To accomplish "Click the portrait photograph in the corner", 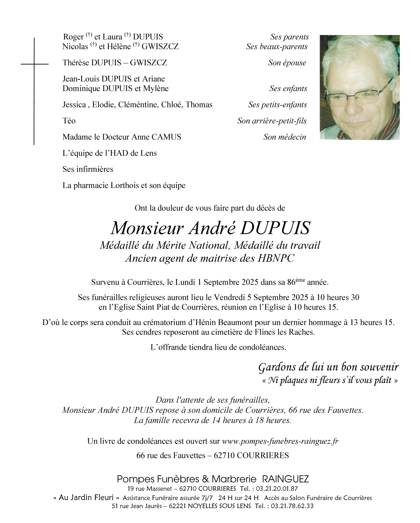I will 359,87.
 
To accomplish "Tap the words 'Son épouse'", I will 287,63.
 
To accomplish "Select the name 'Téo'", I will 69,121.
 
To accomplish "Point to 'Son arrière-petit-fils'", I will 272,121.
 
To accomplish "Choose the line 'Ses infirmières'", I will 88,169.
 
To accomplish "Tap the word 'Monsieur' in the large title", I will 147,228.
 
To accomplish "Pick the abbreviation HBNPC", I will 276,258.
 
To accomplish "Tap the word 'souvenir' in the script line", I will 379,367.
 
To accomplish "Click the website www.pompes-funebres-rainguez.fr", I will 280,441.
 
